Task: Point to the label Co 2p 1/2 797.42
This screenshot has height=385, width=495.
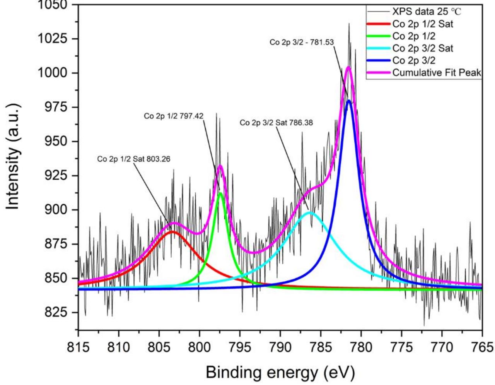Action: coord(174,116)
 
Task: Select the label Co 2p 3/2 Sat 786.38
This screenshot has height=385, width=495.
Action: coord(276,123)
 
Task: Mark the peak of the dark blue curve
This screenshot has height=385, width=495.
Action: coord(349,100)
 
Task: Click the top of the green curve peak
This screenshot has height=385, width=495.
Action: coord(220,193)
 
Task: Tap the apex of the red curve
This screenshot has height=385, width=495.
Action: coord(172,231)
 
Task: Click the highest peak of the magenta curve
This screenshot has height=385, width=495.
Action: coord(348,67)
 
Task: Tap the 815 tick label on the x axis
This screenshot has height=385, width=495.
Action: coord(79,346)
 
